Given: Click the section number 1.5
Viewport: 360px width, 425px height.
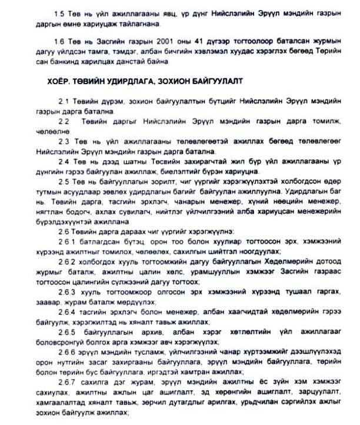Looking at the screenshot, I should [58, 14].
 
